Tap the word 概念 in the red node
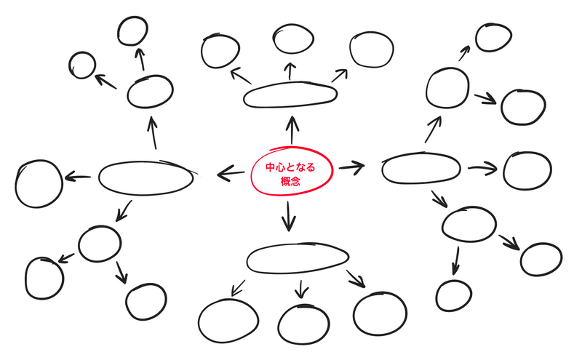click(x=290, y=180)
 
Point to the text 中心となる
click(x=290, y=167)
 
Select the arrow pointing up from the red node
click(x=292, y=130)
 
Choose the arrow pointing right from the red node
click(x=351, y=167)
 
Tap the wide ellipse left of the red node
click(x=147, y=177)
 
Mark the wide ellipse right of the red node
click(x=420, y=169)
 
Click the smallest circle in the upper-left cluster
click(x=82, y=65)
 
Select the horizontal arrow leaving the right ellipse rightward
click(x=482, y=169)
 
